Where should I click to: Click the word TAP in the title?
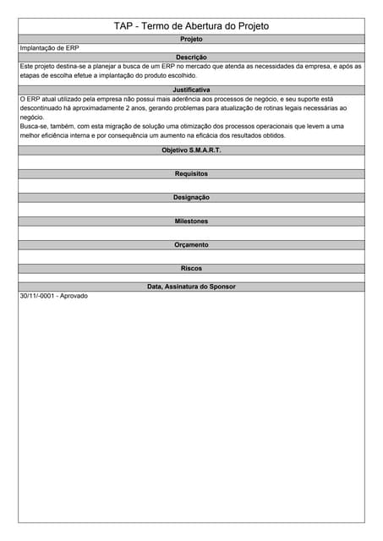coord(123,26)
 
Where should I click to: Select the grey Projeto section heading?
coord(191,39)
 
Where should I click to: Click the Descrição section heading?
coord(191,57)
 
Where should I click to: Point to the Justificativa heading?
coord(191,89)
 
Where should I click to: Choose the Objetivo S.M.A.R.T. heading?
coord(191,150)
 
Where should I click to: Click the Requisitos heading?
coord(191,173)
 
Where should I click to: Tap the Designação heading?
coord(191,197)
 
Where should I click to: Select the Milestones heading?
coord(191,221)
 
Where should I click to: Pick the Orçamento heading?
coord(191,244)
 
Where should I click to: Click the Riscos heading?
coord(191,268)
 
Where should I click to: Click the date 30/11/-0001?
coord(37,296)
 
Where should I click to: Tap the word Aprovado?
coord(74,296)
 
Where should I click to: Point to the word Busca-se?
coord(35,126)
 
